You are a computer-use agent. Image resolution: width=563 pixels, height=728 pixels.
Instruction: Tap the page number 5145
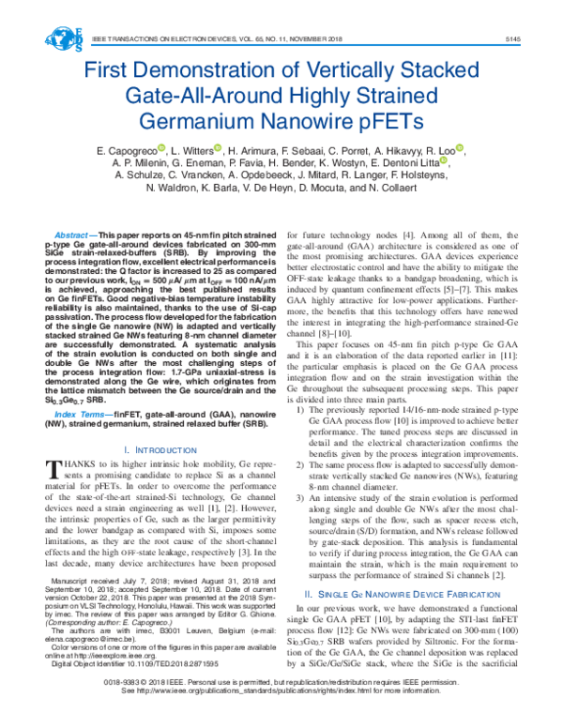point(512,39)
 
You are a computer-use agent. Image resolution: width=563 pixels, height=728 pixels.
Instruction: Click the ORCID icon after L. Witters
point(218,147)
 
